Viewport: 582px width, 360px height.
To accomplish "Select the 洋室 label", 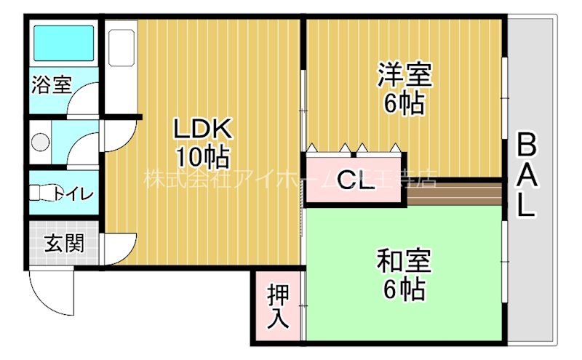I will pos(404,76).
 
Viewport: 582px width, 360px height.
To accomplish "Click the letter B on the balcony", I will pos(527,145).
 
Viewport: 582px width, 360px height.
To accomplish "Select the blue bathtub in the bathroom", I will pos(64,43).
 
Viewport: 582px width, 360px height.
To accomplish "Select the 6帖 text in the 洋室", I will pos(404,103).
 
